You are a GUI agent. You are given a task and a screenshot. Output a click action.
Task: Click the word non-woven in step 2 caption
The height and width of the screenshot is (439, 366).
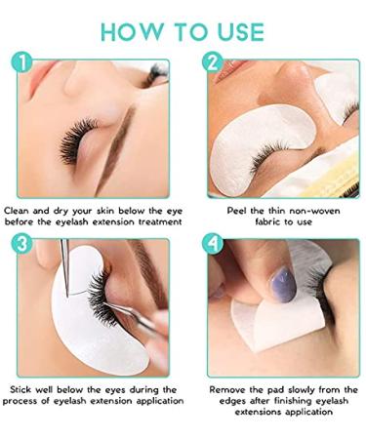314,208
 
